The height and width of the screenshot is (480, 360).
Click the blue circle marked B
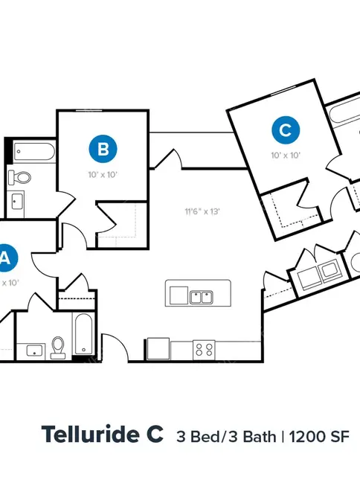(x=103, y=149)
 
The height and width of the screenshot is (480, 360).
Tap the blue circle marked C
(x=286, y=130)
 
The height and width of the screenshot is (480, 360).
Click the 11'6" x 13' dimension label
(x=202, y=211)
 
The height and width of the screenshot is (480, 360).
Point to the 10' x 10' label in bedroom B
(x=103, y=175)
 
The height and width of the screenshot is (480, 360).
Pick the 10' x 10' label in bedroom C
(x=286, y=156)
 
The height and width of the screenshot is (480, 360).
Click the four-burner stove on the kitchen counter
(x=204, y=350)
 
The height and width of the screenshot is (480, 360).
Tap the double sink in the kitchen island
(x=202, y=297)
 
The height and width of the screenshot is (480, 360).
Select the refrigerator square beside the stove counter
(x=158, y=348)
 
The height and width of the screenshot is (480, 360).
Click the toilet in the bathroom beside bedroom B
(x=20, y=178)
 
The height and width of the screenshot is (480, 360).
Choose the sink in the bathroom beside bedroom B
(x=17, y=202)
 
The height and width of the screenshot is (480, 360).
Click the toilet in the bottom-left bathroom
(x=58, y=348)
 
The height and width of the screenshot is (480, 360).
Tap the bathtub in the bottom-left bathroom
(x=83, y=334)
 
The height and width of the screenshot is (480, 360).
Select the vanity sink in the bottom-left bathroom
(x=36, y=351)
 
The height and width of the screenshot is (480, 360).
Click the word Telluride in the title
(x=90, y=434)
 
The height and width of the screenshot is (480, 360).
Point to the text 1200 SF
(x=319, y=437)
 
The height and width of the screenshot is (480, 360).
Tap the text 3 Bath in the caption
(x=253, y=437)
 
